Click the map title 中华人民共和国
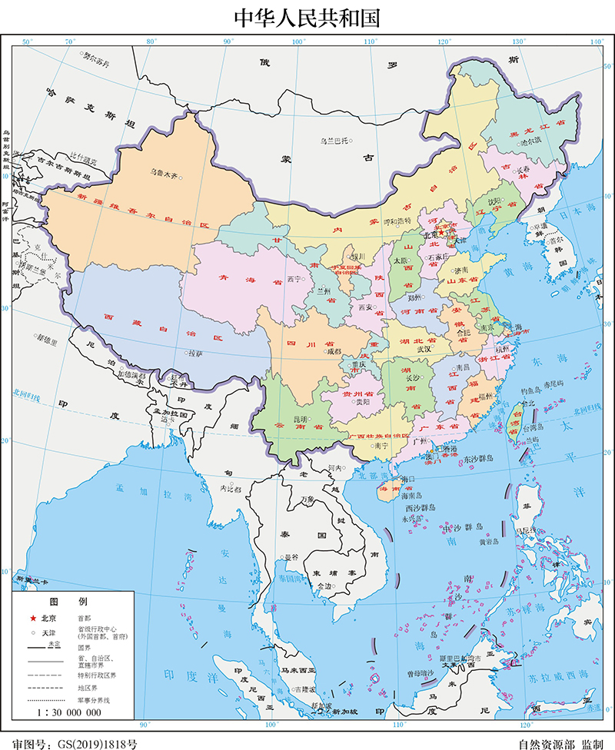(x=307, y=17)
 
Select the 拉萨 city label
(x=195, y=353)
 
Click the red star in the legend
(x=33, y=619)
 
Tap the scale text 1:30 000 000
(x=68, y=712)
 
